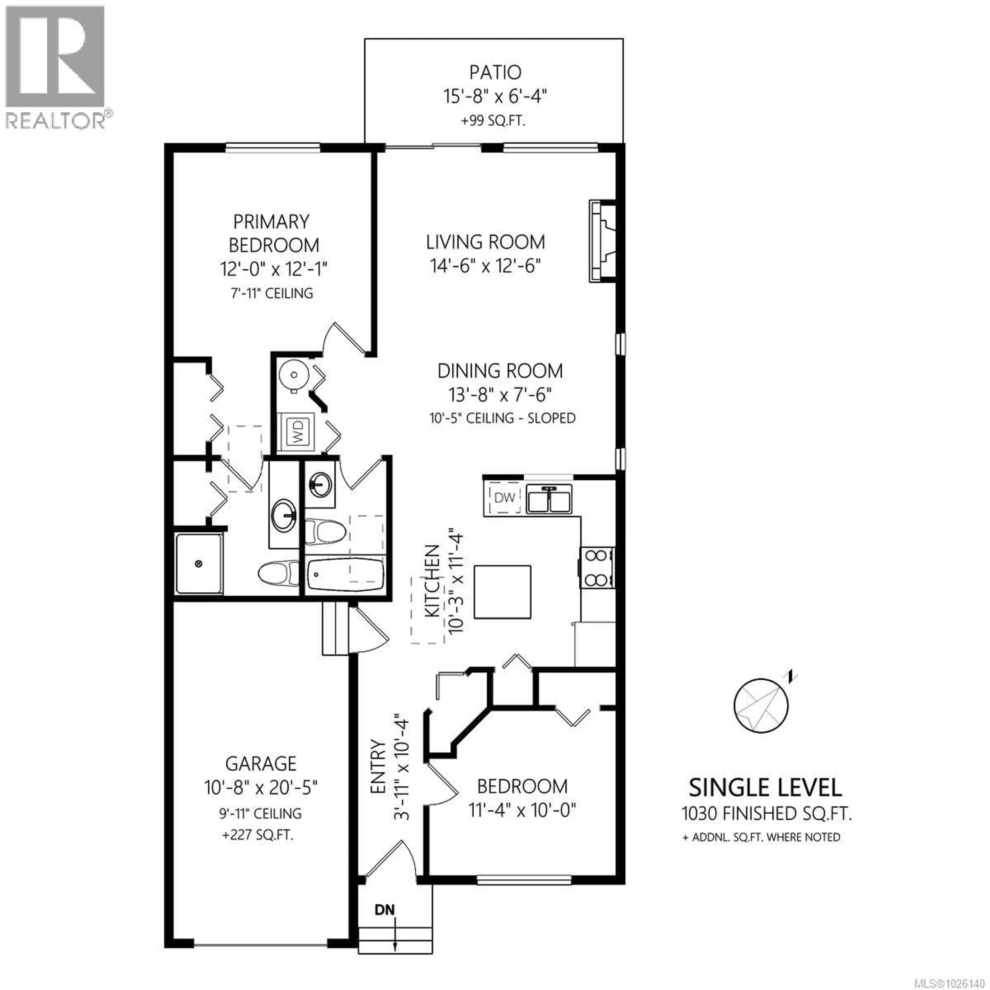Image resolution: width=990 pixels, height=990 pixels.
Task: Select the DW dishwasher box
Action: coord(504,497)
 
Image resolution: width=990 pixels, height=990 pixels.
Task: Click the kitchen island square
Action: coord(502,592)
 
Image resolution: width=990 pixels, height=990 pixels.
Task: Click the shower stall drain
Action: coord(199,564)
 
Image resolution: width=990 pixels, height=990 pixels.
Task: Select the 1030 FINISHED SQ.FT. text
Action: coord(766,813)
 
